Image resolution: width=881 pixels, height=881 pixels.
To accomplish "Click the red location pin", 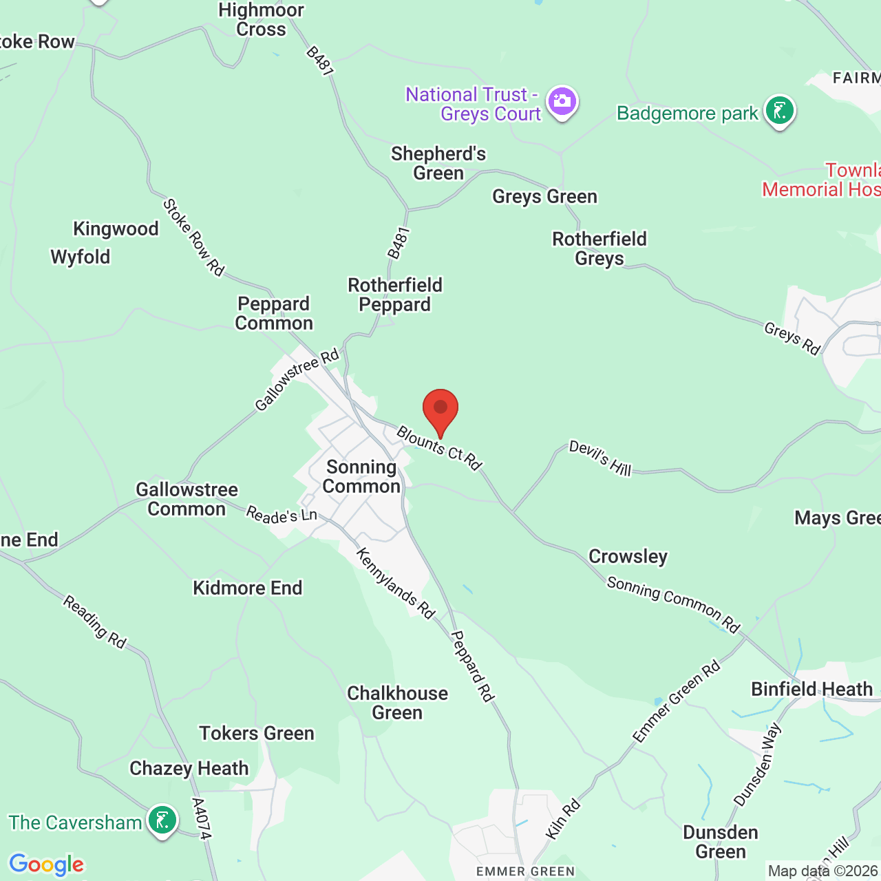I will [440, 411].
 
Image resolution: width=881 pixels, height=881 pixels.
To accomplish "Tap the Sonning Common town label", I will [361, 477].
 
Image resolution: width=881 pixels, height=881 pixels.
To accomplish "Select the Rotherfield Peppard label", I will [395, 295].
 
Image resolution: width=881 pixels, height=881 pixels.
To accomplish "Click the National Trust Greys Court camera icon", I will [562, 102].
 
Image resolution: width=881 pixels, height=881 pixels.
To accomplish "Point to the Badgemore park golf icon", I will [779, 111].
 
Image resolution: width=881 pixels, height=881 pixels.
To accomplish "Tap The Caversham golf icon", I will [162, 820].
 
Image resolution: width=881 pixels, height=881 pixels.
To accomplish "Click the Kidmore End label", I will [248, 588].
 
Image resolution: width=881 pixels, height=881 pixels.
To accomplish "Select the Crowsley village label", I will [628, 556].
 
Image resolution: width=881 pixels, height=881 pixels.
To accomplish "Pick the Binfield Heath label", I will [811, 689].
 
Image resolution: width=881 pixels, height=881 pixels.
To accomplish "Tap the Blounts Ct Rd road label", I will [439, 448].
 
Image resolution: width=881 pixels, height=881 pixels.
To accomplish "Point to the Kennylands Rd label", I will [396, 584].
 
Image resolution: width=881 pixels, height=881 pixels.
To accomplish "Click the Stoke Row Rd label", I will [193, 237].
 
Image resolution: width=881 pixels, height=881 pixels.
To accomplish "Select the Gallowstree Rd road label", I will [297, 379].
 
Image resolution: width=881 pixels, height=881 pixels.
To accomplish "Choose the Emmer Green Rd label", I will [677, 701].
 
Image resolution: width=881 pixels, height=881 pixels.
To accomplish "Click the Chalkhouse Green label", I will [397, 703].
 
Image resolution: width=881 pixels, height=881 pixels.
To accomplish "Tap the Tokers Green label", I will [257, 733].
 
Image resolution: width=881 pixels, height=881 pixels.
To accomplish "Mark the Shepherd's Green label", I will [438, 163].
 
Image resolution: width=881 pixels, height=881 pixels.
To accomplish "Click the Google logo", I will [46, 864].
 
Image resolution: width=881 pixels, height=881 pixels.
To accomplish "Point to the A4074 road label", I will [201, 818].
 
